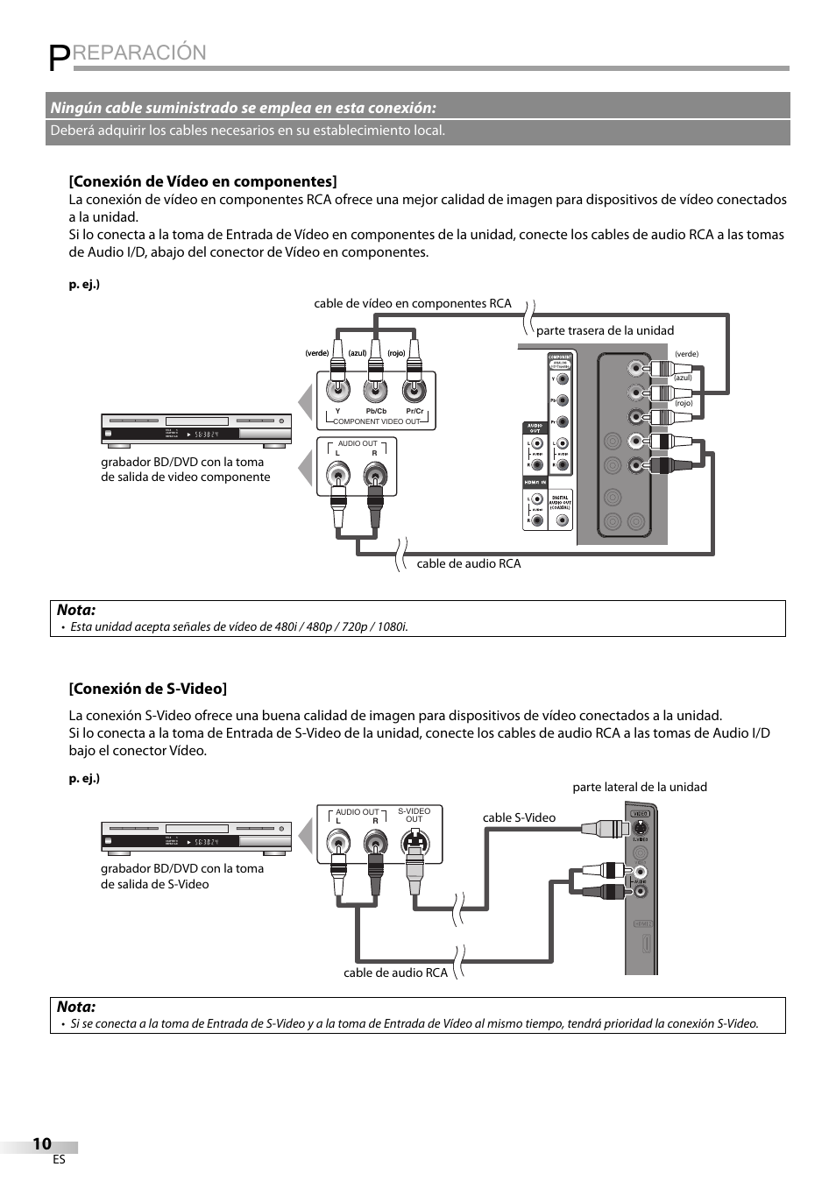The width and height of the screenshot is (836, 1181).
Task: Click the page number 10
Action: click(41, 1143)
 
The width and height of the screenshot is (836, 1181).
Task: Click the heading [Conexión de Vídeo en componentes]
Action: click(202, 181)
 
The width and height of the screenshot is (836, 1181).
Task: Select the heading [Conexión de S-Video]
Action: click(148, 689)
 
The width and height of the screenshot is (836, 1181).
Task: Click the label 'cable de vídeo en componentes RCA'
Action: click(412, 303)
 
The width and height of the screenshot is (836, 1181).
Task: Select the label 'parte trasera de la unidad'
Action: click(605, 330)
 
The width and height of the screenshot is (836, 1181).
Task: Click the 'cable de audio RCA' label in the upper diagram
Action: click(468, 563)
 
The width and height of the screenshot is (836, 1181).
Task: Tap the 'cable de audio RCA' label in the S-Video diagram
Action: click(395, 972)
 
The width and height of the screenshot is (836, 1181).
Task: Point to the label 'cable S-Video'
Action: click(519, 817)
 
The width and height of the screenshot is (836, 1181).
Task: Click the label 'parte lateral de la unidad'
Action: click(640, 787)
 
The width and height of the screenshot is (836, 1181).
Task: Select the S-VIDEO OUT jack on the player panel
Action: click(414, 844)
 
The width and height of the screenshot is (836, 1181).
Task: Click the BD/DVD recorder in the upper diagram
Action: click(196, 429)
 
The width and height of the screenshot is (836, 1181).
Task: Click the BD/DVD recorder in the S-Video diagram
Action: click(196, 838)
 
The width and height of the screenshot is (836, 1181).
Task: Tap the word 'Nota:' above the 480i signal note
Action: click(76, 610)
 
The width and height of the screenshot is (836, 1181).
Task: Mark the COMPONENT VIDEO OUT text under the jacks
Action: click(377, 421)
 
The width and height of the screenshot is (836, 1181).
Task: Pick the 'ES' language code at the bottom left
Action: click(59, 1160)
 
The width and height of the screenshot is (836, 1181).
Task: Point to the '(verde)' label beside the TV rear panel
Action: click(686, 354)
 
